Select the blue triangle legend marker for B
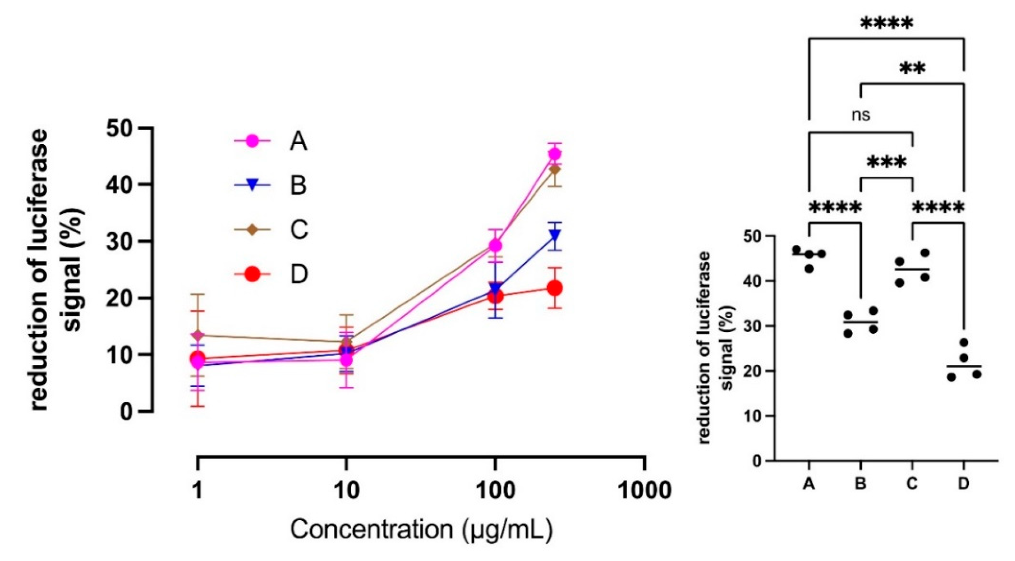252,185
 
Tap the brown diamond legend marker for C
252,229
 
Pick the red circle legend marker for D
252,274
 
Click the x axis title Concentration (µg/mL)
422,529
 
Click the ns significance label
861,115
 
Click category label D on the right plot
963,483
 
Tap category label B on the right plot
860,483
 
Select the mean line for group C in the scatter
912,269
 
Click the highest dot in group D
964,342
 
